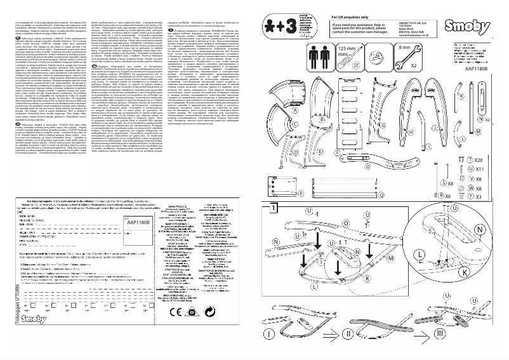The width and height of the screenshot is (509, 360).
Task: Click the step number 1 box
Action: point(272,208)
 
